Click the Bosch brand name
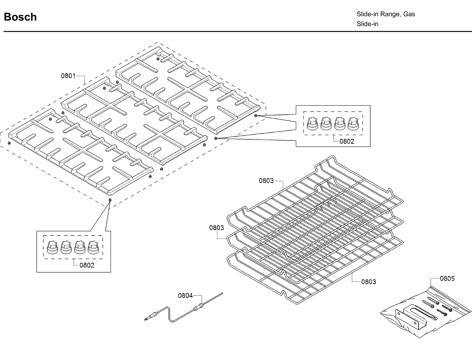click(x=20, y=17)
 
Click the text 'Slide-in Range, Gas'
click(x=386, y=14)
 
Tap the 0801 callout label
click(x=68, y=76)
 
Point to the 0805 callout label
click(x=447, y=278)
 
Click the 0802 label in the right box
click(x=347, y=141)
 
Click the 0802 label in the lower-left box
click(x=87, y=265)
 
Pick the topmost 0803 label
click(x=266, y=181)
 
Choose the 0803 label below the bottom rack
click(x=369, y=281)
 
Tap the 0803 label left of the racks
click(x=217, y=228)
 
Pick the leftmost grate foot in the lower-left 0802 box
click(x=52, y=247)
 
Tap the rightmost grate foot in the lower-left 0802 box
click(x=93, y=247)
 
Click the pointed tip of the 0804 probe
click(x=223, y=293)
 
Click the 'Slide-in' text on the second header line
click(x=367, y=24)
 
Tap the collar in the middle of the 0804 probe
click(x=200, y=306)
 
